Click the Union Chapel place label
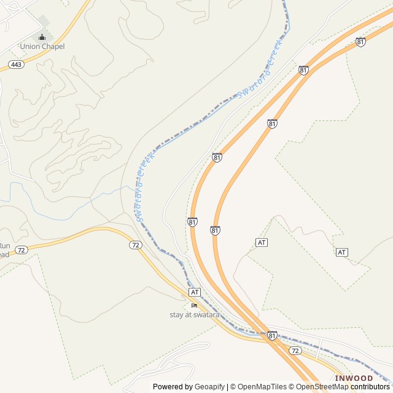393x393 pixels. pyautogui.click(x=42, y=46)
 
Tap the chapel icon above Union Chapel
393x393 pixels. pyautogui.click(x=42, y=37)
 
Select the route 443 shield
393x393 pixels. pyautogui.click(x=17, y=64)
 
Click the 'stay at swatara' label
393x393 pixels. pyautogui.click(x=194, y=315)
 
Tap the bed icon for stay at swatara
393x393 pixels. pyautogui.click(x=194, y=305)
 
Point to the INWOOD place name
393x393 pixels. pyautogui.click(x=354, y=378)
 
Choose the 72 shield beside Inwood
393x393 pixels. pyautogui.click(x=295, y=351)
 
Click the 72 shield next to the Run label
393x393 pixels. pyautogui.click(x=21, y=250)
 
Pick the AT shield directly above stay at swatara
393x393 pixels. pyautogui.click(x=195, y=292)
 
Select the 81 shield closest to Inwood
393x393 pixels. pyautogui.click(x=271, y=335)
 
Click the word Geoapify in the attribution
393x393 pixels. pyautogui.click(x=209, y=387)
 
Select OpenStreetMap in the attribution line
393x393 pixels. pyautogui.click(x=322, y=387)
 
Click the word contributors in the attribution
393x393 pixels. pyautogui.click(x=370, y=387)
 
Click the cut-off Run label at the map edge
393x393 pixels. pyautogui.click(x=4, y=245)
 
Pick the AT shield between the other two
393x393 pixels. pyautogui.click(x=262, y=243)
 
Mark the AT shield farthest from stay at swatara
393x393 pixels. pyautogui.click(x=342, y=252)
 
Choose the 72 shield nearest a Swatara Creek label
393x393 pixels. pyautogui.click(x=135, y=244)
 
